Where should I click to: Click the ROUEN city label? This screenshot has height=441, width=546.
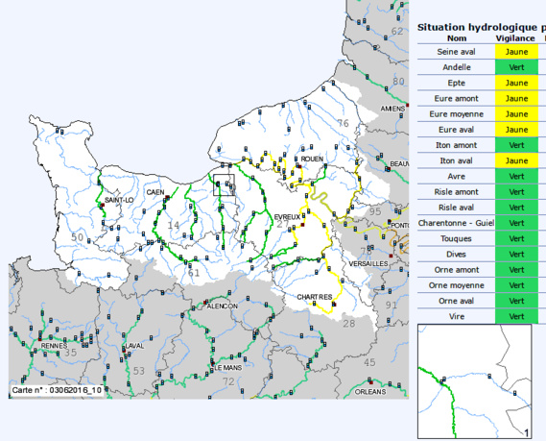point(312,159)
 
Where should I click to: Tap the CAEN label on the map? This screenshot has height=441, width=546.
point(155,192)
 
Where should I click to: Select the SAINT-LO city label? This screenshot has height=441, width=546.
point(119,200)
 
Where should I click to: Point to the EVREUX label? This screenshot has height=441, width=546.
point(287,217)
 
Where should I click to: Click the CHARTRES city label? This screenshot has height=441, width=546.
point(314,297)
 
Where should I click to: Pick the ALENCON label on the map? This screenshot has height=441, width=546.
point(222,306)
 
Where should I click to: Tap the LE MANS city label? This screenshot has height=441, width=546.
point(228,367)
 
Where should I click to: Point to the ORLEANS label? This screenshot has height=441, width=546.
point(369,392)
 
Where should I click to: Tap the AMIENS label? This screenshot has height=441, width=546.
point(393,110)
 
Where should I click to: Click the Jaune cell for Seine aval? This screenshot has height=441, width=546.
point(517,52)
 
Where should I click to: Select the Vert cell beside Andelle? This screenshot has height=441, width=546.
point(517,67)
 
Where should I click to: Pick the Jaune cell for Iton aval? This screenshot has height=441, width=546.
point(517,160)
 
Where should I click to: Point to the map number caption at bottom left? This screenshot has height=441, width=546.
point(57,391)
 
